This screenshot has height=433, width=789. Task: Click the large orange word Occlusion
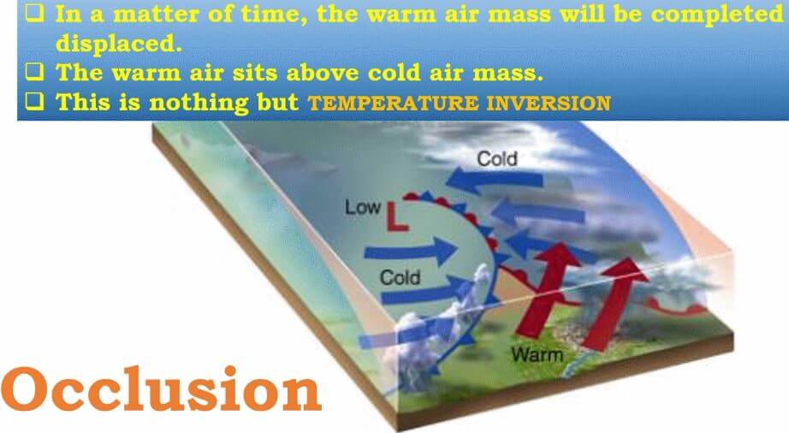[x=161, y=390]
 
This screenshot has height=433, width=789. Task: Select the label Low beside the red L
[x=362, y=207]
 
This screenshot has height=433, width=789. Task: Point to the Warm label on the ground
[x=537, y=354]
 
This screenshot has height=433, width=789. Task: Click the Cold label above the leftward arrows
[x=497, y=159]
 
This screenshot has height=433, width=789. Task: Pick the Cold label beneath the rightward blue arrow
[x=400, y=277]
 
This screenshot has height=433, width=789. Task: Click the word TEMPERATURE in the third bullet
[x=393, y=103]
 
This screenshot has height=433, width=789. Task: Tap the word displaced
[x=118, y=44]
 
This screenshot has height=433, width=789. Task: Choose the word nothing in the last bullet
[x=199, y=103]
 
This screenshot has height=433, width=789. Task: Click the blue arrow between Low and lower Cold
[x=411, y=251]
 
